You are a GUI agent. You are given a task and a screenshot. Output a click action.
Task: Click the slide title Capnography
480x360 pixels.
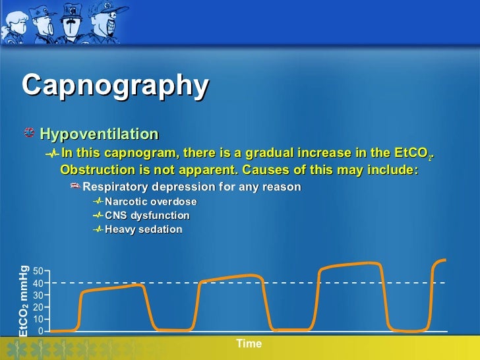115,86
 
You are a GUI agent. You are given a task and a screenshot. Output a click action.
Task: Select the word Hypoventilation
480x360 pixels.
99,135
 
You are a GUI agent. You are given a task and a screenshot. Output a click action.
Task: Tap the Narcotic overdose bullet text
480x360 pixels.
150,202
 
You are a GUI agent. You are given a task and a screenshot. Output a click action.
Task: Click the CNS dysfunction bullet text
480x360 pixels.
147,216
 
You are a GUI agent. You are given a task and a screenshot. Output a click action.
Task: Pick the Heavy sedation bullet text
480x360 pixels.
143,229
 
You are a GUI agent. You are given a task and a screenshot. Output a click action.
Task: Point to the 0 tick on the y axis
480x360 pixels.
41,331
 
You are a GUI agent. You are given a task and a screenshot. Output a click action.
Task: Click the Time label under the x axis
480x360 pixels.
249,344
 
